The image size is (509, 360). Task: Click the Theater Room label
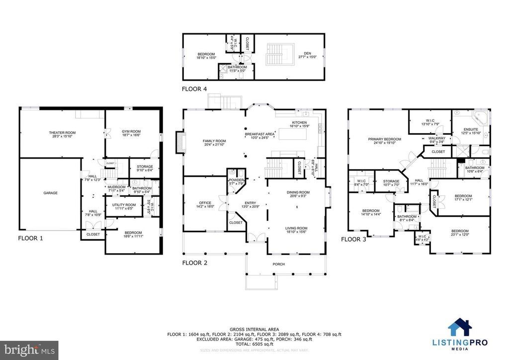62,133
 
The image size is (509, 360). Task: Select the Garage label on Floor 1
50,193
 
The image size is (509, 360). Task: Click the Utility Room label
124,205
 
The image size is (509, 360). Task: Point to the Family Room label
214,142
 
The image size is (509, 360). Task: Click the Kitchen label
299,122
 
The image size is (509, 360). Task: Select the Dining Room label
298,192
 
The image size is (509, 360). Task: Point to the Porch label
279,264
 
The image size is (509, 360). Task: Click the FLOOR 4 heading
194,90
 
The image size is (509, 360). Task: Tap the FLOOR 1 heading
30,238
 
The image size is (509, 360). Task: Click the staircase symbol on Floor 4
274,54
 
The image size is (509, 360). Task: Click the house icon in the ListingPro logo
458,329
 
